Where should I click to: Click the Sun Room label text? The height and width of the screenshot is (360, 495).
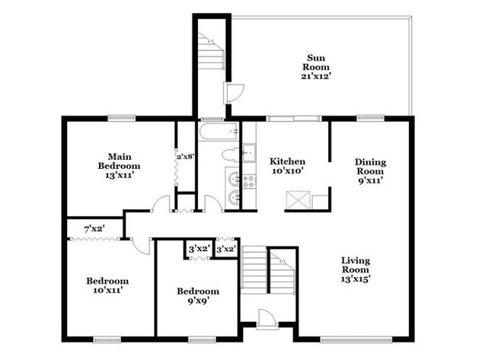(318, 62)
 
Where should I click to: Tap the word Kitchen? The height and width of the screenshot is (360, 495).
(287, 161)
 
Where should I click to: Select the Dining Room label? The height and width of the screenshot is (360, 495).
(370, 167)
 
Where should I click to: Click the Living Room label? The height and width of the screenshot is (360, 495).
(355, 264)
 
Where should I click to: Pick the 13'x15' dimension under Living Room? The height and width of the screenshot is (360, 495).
(355, 279)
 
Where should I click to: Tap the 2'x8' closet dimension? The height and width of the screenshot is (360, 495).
(186, 156)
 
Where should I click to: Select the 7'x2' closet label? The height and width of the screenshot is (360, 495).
(93, 228)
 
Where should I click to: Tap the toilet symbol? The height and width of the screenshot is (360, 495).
(231, 155)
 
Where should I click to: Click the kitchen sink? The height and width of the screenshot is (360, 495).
(248, 152)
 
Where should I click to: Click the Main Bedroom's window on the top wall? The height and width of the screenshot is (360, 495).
(120, 117)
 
